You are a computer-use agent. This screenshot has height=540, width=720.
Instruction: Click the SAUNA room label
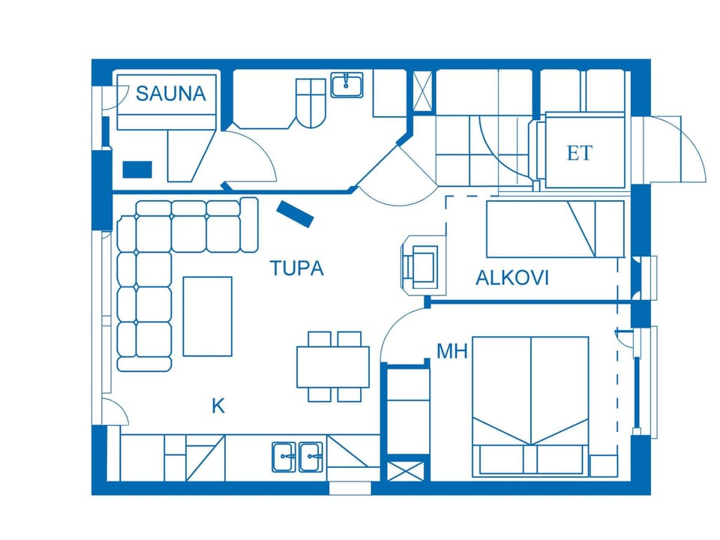click(171, 94)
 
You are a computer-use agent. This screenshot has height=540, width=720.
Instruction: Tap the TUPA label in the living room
click(297, 268)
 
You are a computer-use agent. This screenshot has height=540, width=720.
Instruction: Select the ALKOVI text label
click(512, 277)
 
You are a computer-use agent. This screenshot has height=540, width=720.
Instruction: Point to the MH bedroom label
click(451, 351)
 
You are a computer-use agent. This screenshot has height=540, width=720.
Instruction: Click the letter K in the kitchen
click(218, 406)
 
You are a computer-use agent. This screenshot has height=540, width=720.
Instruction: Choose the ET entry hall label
click(580, 153)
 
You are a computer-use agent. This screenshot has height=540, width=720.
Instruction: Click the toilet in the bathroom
click(310, 103)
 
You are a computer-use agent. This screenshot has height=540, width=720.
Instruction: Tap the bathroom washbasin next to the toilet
click(347, 85)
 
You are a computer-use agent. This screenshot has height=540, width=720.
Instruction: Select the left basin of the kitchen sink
click(283, 457)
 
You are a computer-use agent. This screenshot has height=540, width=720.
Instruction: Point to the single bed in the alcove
click(555, 229)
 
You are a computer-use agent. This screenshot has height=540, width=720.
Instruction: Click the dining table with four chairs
click(333, 367)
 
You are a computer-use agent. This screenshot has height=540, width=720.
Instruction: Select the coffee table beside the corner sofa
click(208, 316)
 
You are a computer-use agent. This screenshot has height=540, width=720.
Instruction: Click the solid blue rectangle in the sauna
click(137, 169)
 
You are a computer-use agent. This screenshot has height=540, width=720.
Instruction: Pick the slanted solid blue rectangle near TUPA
click(295, 214)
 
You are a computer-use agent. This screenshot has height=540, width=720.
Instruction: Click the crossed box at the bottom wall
click(406, 471)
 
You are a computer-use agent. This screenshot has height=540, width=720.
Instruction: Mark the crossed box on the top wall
click(423, 91)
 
